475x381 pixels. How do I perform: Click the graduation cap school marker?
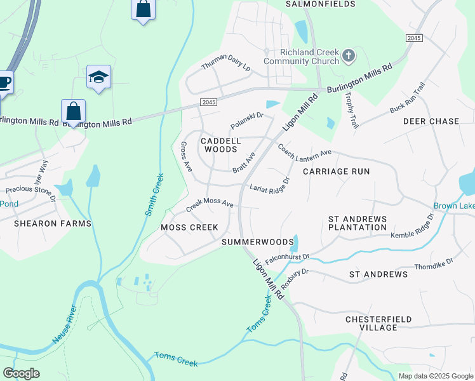coord(98,77)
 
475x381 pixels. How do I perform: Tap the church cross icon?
coord(348,57)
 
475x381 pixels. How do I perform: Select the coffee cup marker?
coord(4,83)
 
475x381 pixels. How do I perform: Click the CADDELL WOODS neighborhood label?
coord(219,145)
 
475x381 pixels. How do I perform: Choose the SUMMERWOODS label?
coord(258,243)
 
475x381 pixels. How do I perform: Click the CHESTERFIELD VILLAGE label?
coord(378,323)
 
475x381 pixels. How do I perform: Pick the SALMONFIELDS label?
coord(319,4)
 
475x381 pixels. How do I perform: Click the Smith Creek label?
coord(156,194)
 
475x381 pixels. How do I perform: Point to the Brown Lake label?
coord(454,206)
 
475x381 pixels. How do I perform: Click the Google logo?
coord(22,373)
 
